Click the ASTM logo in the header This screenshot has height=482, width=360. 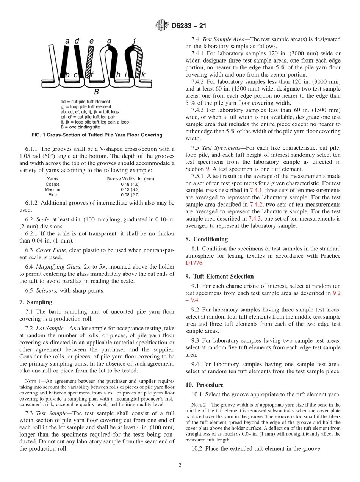click(162, 26)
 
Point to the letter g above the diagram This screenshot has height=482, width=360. click(109, 41)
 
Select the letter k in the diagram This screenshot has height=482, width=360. click(143, 75)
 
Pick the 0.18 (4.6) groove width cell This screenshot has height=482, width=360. click(130, 184)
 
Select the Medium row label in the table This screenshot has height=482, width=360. click(52, 189)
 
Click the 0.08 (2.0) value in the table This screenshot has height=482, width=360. click(130, 194)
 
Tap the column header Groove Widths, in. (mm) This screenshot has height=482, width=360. click(130, 179)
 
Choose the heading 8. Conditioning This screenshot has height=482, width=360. click(207, 239)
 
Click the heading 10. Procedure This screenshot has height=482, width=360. click(204, 385)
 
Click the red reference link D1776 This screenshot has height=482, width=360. click(194, 263)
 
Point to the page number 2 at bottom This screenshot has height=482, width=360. click(180, 465)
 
